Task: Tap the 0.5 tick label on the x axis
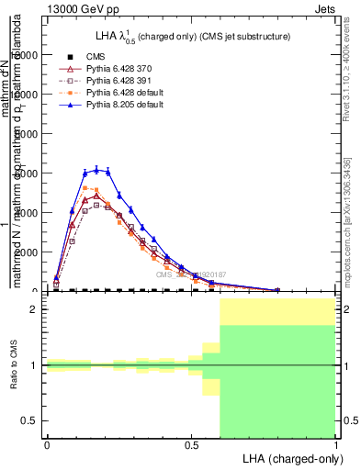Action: (191, 444)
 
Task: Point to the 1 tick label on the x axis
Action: (335, 444)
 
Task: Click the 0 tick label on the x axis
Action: (47, 444)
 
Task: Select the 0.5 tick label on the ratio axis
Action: (31, 420)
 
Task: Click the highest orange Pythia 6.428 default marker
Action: (85, 188)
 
